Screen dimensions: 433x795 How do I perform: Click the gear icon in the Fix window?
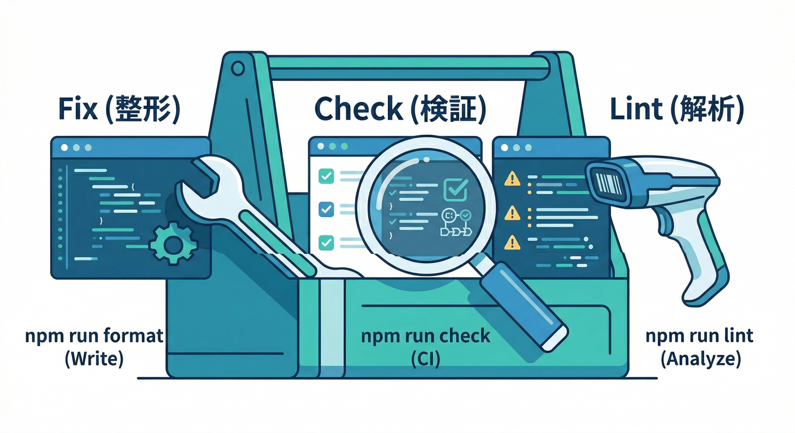[172, 243]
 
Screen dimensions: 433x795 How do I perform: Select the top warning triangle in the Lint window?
[512, 179]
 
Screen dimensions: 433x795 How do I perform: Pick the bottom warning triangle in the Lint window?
[512, 242]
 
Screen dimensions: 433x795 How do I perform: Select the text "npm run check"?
[425, 337]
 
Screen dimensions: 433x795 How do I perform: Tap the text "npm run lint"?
[700, 337]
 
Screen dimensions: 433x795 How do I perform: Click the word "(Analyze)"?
[700, 359]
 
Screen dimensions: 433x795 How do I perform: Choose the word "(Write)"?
[94, 359]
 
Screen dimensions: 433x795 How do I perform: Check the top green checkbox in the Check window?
[326, 176]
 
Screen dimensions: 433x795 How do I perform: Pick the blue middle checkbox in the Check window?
[326, 209]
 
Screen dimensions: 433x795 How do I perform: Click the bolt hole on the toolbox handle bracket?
[238, 69]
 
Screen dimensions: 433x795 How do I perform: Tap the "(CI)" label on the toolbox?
[424, 359]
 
